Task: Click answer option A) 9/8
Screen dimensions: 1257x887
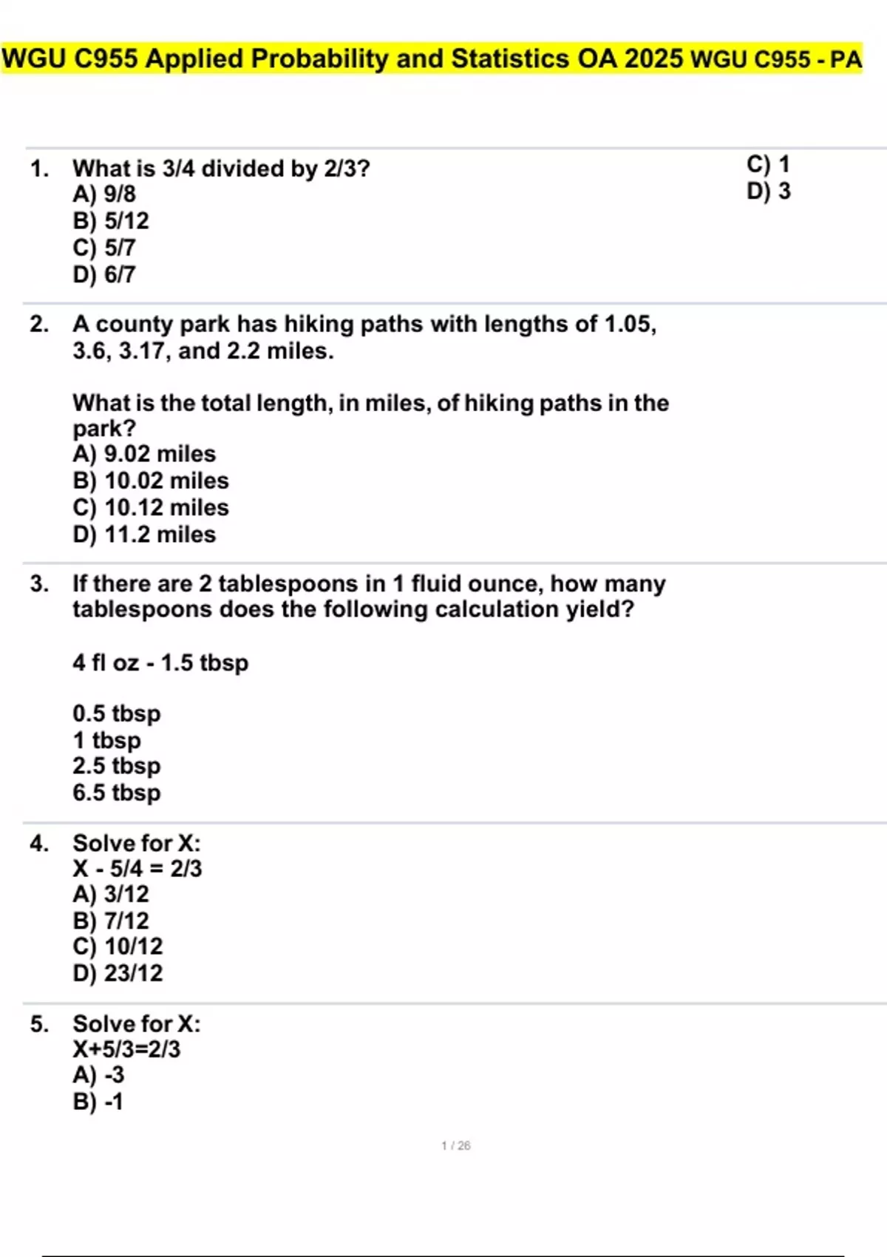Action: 104,194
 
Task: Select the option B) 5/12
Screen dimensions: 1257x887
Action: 111,220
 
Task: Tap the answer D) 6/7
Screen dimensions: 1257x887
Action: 104,274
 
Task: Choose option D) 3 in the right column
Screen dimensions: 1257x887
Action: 769,191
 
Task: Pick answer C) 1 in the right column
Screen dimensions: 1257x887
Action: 769,163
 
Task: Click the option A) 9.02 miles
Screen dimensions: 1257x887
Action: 144,453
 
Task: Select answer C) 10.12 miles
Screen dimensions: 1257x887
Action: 151,507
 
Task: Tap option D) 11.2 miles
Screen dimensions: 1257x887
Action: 144,534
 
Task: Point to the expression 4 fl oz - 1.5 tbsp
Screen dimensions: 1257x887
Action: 160,662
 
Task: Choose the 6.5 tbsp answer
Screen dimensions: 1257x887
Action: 116,792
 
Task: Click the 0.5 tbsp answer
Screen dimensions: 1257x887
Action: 116,713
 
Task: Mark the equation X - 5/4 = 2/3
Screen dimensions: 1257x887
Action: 137,868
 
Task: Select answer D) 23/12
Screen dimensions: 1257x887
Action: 118,972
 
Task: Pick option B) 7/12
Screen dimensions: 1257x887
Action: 111,921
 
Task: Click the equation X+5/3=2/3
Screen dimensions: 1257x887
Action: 126,1048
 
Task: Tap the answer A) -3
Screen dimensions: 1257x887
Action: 98,1074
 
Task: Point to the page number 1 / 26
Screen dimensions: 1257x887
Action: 455,1145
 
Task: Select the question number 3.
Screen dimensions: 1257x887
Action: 38,583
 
